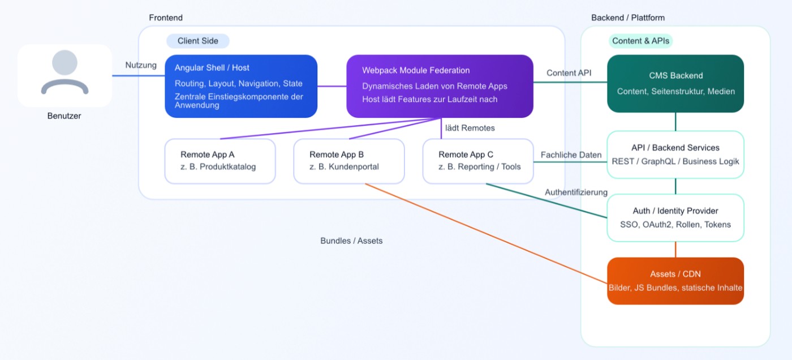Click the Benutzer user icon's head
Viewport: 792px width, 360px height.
click(64, 63)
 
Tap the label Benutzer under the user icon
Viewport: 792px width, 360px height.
click(64, 116)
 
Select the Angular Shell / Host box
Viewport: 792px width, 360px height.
click(241, 86)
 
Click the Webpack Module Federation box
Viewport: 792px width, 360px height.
click(440, 86)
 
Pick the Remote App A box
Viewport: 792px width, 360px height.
click(220, 161)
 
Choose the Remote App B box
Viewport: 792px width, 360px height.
click(349, 161)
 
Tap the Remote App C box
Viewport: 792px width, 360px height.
click(478, 161)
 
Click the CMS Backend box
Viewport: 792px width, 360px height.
click(675, 84)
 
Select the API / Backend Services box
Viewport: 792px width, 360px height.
click(675, 155)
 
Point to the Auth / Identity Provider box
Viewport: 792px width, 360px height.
click(675, 218)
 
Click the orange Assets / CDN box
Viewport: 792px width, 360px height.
click(675, 281)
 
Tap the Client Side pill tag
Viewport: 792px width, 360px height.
click(198, 41)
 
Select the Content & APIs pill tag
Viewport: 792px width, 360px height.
click(640, 41)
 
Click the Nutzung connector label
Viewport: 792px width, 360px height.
click(141, 65)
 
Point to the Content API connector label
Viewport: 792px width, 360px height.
click(569, 73)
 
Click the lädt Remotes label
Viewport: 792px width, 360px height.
click(470, 128)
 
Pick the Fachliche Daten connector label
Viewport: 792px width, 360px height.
click(571, 155)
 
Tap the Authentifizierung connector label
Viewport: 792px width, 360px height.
click(576, 192)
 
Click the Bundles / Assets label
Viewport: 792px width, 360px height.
click(351, 241)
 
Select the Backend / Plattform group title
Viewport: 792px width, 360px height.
click(628, 18)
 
